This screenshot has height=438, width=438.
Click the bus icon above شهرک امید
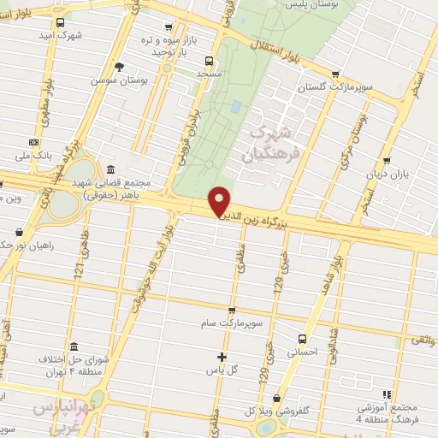point(59,23)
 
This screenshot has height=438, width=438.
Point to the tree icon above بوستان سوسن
point(119,66)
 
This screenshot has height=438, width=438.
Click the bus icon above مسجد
point(208,60)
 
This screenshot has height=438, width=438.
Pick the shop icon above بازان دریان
point(387,160)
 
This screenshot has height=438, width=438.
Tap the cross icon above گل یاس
point(222,356)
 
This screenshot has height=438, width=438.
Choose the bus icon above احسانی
point(301,338)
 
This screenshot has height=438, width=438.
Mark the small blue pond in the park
point(235,107)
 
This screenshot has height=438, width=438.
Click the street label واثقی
point(421,340)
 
